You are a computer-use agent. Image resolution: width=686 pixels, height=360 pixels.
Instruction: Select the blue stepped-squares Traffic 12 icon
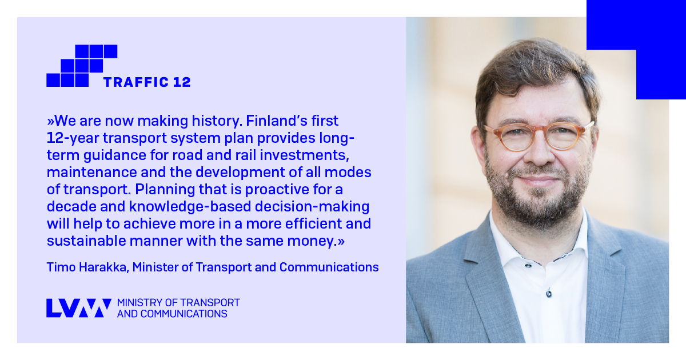coord(81,66)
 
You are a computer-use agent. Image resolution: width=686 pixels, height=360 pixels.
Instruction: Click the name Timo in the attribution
coord(59,267)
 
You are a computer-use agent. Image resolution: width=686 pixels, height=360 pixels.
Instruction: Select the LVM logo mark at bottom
coord(78,307)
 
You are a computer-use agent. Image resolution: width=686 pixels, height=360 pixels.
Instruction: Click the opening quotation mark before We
coord(50,122)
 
